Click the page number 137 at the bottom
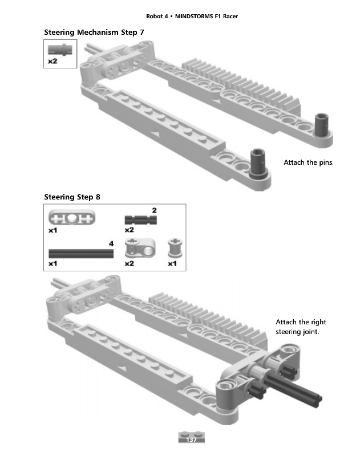[191, 439]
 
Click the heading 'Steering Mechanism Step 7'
[94, 32]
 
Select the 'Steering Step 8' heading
[72, 197]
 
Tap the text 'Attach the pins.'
[309, 162]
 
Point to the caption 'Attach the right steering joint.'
[301, 327]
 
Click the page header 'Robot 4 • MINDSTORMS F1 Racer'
[192, 17]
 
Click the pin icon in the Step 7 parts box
[60, 50]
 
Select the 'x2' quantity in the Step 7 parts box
[52, 61]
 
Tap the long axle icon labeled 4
[81, 253]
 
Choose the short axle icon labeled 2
[140, 220]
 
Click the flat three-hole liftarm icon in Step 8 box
[72, 218]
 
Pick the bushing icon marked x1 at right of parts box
[175, 248]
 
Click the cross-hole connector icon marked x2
[140, 248]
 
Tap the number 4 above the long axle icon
[111, 243]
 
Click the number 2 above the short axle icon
[154, 210]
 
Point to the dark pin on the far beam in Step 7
[322, 124]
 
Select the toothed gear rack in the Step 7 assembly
[241, 84]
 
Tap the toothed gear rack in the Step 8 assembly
[208, 316]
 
